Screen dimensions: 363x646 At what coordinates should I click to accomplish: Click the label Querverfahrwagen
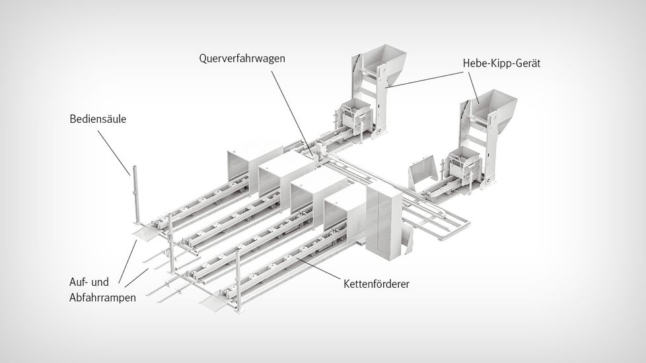tap(242, 58)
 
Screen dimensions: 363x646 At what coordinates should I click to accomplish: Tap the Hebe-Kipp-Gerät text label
tap(502, 63)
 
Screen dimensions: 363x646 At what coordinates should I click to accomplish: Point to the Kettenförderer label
tap(377, 284)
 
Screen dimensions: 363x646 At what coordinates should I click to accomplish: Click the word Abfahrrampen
tap(102, 297)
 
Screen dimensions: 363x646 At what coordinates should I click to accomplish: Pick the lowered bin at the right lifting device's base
tap(462, 163)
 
